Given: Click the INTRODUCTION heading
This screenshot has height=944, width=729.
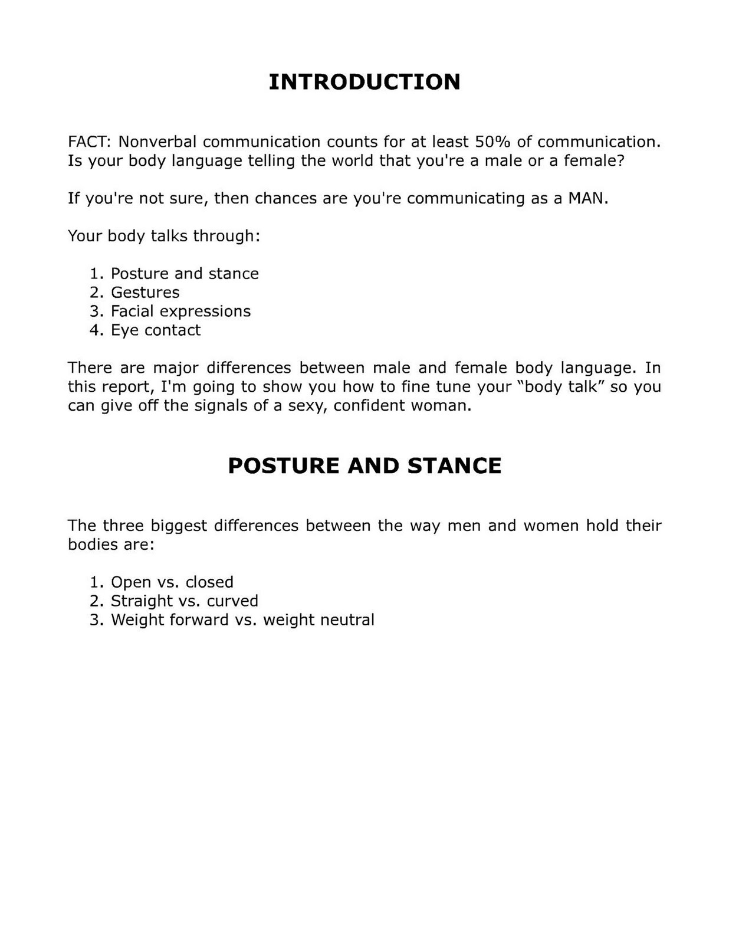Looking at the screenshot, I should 364,82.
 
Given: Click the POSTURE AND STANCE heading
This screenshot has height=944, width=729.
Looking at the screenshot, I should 364,466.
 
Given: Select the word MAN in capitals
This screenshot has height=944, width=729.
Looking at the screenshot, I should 586,198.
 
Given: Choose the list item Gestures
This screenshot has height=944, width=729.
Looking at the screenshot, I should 145,292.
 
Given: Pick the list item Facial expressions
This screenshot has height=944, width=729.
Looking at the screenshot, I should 180,311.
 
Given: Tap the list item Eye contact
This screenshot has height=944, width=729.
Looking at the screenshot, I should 156,330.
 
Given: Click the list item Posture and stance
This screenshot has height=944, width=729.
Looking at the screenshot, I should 185,273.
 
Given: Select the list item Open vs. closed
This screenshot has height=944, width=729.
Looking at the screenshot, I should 172,582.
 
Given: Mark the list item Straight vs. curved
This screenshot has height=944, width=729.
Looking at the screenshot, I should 185,601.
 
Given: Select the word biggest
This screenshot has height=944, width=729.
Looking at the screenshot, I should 179,525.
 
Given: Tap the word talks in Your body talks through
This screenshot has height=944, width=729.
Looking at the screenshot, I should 169,236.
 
